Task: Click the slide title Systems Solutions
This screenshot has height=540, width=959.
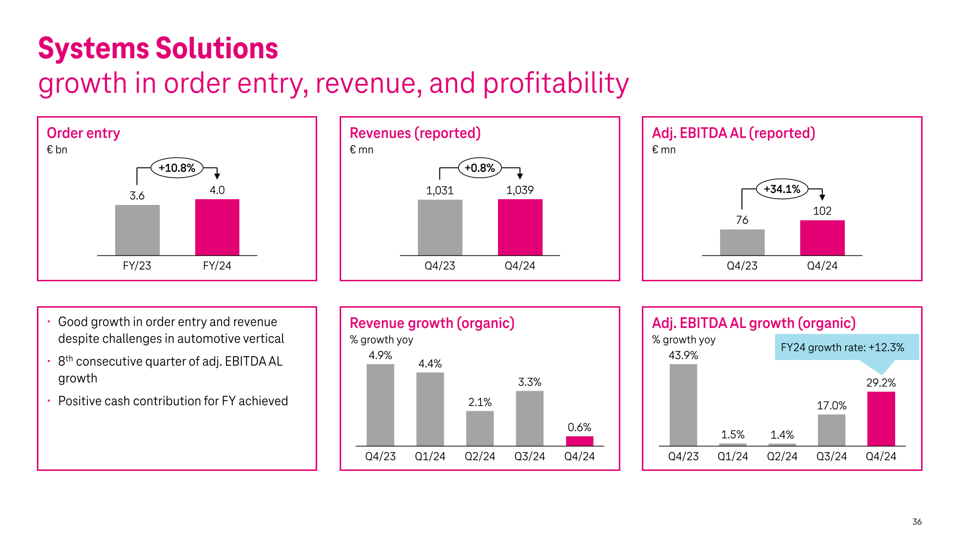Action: click(158, 48)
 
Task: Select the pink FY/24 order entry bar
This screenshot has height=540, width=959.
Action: click(217, 227)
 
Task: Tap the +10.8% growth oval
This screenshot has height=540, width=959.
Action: click(177, 168)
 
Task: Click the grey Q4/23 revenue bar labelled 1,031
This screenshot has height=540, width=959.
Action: click(439, 227)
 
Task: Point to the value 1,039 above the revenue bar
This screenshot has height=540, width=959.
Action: click(520, 190)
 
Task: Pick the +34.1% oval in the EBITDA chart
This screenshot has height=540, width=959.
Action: click(781, 189)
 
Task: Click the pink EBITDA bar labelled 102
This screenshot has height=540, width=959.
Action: click(822, 238)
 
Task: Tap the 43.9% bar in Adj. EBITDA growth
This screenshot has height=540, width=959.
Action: click(683, 404)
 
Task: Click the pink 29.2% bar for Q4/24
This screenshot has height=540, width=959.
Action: click(881, 418)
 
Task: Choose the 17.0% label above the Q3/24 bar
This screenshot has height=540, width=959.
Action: click(831, 406)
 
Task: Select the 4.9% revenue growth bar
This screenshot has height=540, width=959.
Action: click(380, 404)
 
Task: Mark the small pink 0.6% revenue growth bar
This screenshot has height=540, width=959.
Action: click(579, 441)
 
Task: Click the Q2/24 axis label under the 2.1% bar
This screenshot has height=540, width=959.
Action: click(479, 456)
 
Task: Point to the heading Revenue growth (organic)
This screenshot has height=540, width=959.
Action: click(432, 323)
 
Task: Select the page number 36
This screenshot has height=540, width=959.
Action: click(916, 521)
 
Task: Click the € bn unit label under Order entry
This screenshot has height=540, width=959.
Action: click(57, 150)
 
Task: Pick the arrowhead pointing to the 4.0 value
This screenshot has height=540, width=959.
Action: click(217, 176)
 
